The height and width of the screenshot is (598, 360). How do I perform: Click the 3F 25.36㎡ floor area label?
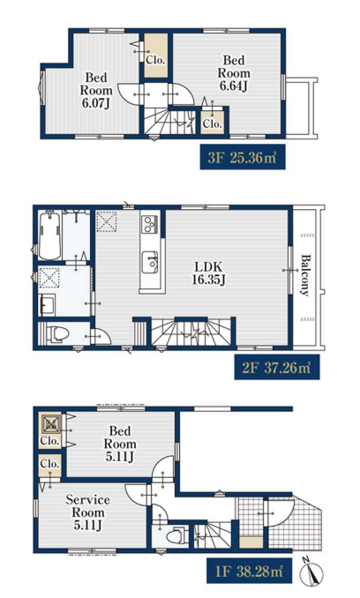pos(243,157)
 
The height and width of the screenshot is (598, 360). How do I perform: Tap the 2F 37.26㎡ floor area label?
pos(277,368)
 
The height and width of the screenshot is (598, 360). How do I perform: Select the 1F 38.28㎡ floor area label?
pos(250,571)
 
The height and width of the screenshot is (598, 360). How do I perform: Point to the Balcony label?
pos(304,274)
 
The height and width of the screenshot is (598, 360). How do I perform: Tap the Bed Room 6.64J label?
pos(234,72)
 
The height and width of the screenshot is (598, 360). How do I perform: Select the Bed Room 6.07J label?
pos(95,90)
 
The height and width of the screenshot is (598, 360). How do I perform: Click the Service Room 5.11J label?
pos(87,512)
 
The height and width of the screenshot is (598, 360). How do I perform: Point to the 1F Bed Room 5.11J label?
pos(120,444)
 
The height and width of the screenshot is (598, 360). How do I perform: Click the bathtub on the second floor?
pos(49,235)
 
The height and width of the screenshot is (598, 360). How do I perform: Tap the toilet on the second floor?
pos(56,333)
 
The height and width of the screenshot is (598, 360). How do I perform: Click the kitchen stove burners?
pos(149,224)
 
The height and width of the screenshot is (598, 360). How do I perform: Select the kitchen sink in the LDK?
pos(150,262)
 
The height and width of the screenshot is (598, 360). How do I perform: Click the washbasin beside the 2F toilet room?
pos(47,304)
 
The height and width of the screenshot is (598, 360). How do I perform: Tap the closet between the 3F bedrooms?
pos(156,56)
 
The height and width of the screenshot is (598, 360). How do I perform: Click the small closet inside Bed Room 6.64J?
pos(213,120)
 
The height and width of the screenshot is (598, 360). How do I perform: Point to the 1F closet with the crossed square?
pos(50,430)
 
